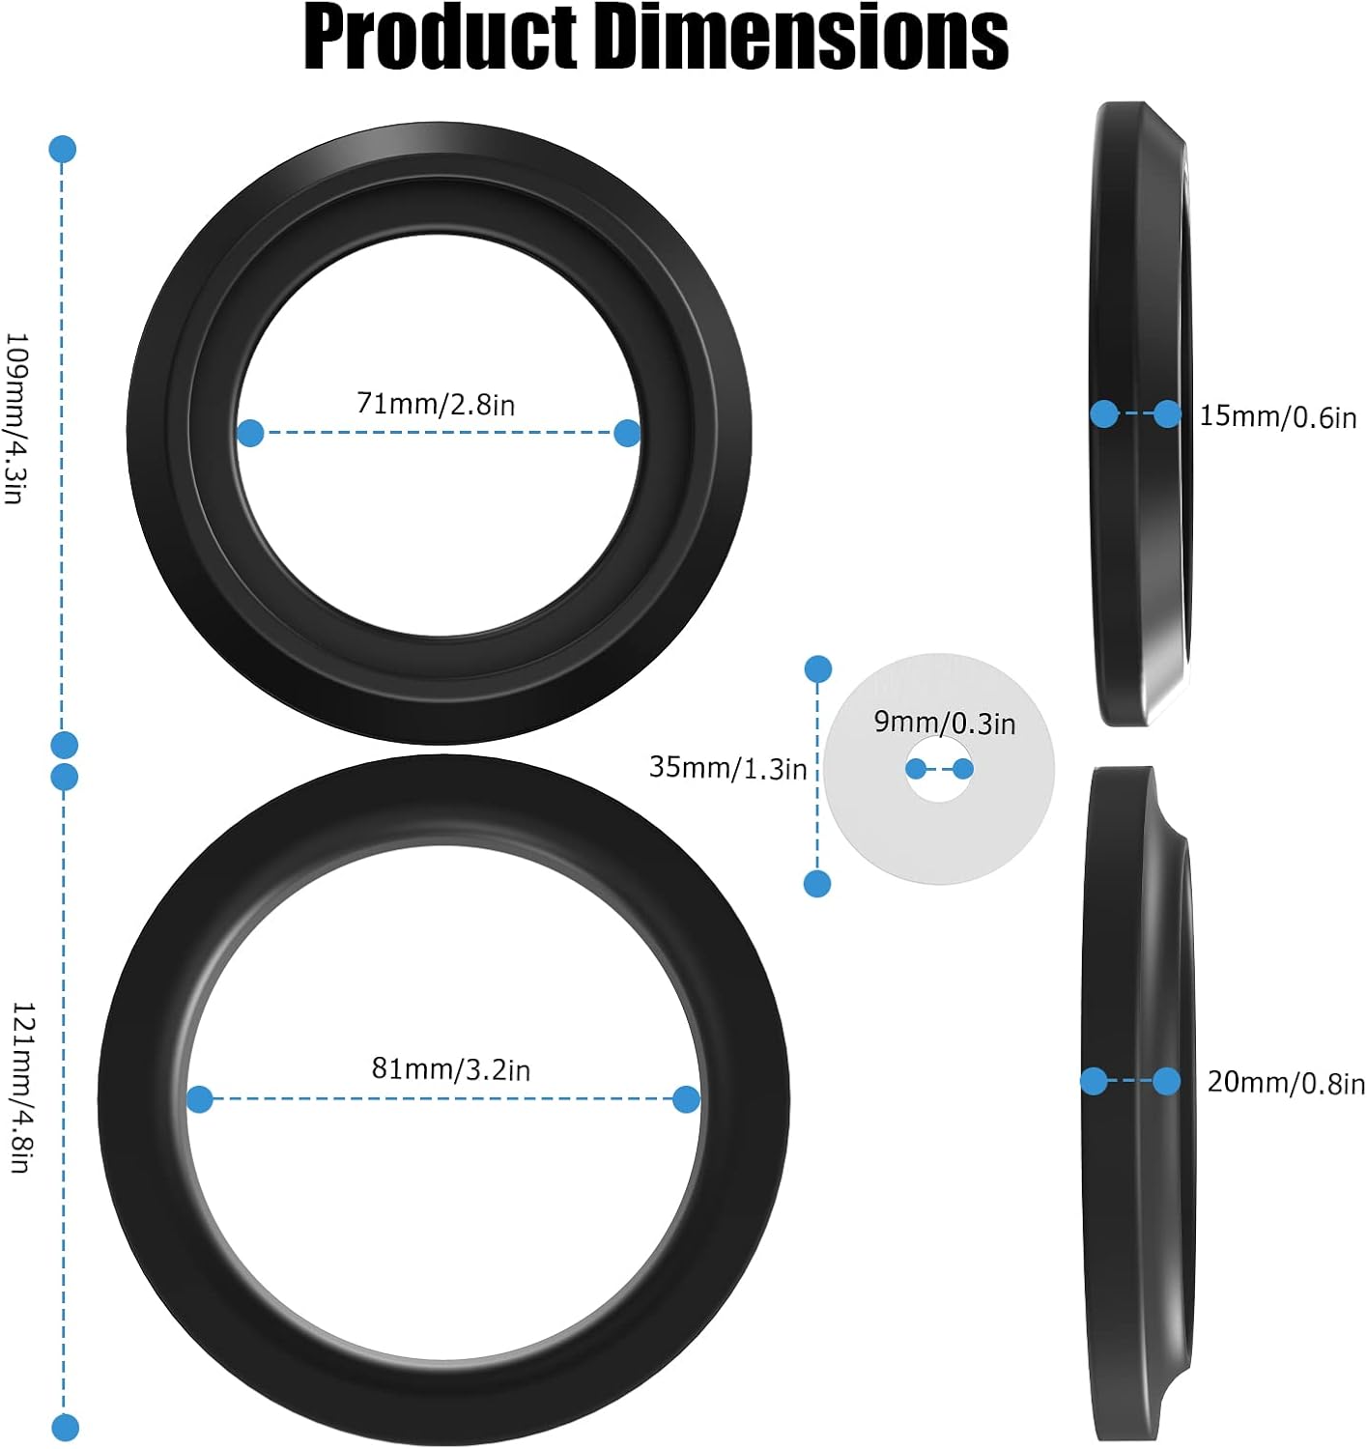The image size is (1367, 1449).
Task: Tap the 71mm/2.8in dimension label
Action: [x=436, y=403]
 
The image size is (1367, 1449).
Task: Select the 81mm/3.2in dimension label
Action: [x=450, y=1068]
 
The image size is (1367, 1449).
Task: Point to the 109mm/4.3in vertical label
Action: [x=15, y=417]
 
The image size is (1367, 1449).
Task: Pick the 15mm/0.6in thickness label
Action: [x=1277, y=416]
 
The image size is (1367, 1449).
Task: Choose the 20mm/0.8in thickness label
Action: [x=1286, y=1082]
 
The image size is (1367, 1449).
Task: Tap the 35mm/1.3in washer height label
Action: [x=727, y=767]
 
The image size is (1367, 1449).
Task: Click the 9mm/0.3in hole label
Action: [x=944, y=722]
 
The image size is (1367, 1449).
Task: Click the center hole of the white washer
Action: [x=939, y=770]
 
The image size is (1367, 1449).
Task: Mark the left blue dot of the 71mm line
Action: [x=250, y=433]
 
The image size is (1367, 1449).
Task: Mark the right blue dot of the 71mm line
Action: [x=627, y=433]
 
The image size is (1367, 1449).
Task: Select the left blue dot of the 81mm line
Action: [x=200, y=1099]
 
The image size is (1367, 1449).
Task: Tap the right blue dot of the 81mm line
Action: [x=686, y=1098]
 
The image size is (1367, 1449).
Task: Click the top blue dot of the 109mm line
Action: [x=62, y=150]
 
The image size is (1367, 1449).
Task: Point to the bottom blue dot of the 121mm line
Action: [x=65, y=1427]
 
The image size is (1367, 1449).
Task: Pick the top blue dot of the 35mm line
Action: [x=818, y=668]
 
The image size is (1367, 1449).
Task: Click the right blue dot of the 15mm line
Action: [x=1167, y=414]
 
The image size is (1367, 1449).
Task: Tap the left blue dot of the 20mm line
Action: [x=1094, y=1081]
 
